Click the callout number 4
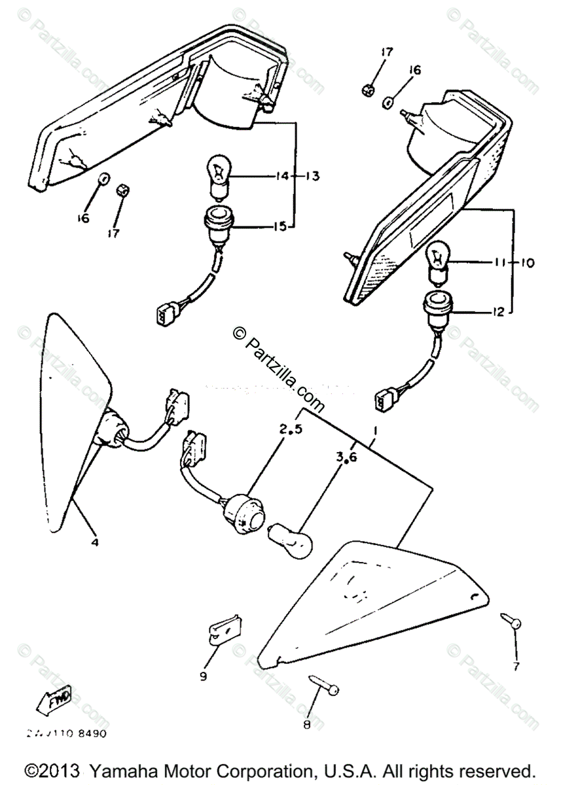[x=96, y=542]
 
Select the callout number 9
[x=204, y=676]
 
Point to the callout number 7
[x=516, y=666]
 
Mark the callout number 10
[x=527, y=263]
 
